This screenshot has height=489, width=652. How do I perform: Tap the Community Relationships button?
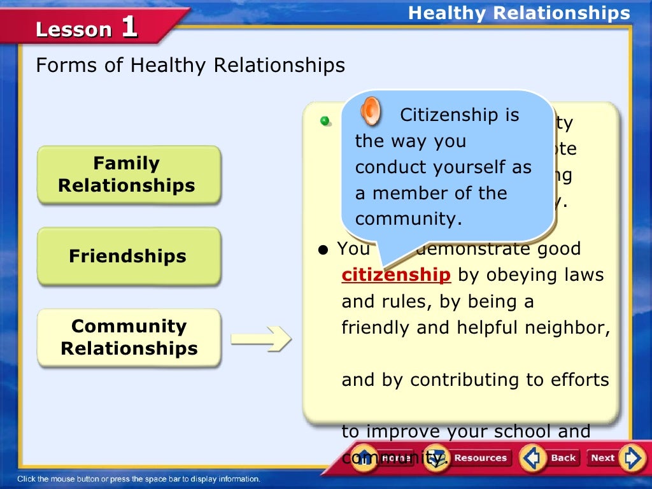pos(129,337)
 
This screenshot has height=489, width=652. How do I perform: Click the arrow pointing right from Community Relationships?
pos(260,339)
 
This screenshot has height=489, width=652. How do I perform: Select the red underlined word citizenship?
pos(396,275)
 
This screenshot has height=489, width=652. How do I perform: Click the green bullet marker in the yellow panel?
pos(325,120)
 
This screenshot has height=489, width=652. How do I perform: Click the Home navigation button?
pos(382,457)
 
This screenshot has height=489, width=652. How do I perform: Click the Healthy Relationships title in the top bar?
pos(519,13)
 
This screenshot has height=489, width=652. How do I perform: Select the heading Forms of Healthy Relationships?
pos(190,65)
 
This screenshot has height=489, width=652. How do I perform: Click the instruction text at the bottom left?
pos(139,479)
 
